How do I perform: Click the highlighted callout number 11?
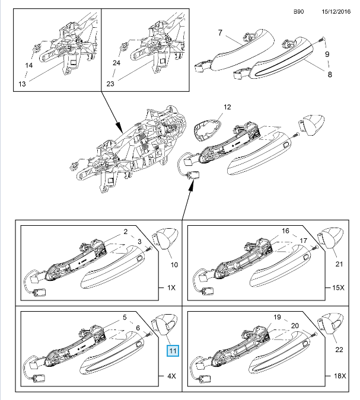[x=173, y=351]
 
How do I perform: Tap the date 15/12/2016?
[x=336, y=11]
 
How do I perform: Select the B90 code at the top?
[x=298, y=11]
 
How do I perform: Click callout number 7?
[x=220, y=33]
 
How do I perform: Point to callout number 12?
[x=227, y=107]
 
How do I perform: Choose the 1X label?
[x=171, y=287]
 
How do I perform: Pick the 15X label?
[x=338, y=287]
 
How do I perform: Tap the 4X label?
[x=171, y=376]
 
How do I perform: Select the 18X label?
[x=340, y=376]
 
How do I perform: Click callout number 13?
[x=22, y=84]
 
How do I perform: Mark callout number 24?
[x=116, y=63]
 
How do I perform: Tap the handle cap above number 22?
[x=330, y=324]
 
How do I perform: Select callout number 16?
[x=285, y=231]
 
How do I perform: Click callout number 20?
[x=295, y=326]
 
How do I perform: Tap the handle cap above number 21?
[x=330, y=238]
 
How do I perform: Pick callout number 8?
[x=330, y=75]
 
